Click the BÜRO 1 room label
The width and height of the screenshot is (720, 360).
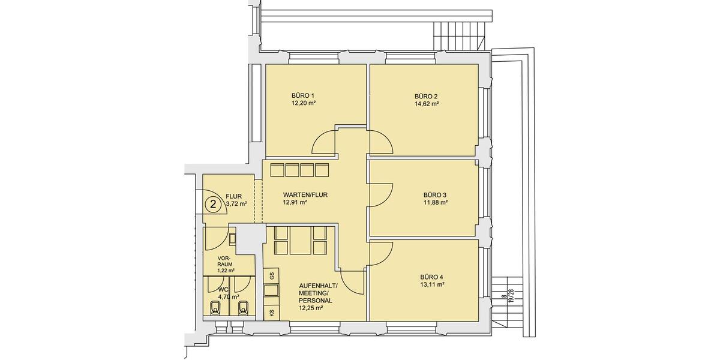point(303,95)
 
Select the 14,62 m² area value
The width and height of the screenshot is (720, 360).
point(426,104)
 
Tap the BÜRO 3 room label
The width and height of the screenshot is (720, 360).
point(435,195)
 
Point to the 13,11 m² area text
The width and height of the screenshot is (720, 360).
point(432,285)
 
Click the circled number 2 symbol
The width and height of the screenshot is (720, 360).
point(212,204)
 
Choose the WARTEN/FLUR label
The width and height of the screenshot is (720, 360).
point(305,195)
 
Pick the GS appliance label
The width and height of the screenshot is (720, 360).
point(272,276)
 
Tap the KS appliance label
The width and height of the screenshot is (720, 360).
point(272,313)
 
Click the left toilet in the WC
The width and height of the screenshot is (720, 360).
point(217,308)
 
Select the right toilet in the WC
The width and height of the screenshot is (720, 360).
point(244,308)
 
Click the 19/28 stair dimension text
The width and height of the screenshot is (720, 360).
point(511,296)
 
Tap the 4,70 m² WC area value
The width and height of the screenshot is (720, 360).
point(229,296)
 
